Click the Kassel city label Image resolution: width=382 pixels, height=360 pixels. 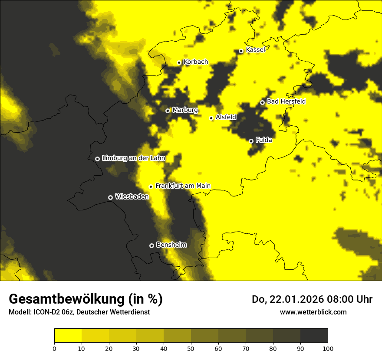[x=255, y=50]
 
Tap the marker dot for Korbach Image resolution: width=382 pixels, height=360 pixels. [x=179, y=62]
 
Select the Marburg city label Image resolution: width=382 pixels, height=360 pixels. [x=185, y=110]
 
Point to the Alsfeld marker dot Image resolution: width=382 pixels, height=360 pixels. [x=211, y=118]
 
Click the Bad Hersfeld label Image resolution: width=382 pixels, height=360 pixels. [x=286, y=101]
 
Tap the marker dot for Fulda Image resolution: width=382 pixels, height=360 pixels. [x=251, y=141]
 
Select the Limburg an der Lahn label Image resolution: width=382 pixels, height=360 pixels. [x=134, y=158]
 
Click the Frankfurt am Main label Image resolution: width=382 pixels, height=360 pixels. [x=183, y=186]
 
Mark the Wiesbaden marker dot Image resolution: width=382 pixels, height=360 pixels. [x=110, y=197]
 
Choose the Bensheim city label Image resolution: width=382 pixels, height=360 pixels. [x=171, y=245]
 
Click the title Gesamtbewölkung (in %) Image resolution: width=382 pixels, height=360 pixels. [x=86, y=299]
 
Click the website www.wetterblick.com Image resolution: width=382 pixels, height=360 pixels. [x=313, y=312]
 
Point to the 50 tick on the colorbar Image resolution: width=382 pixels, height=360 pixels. [x=191, y=348]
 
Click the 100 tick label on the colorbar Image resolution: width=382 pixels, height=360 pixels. [x=328, y=348]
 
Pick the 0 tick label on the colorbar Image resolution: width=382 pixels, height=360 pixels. [x=54, y=348]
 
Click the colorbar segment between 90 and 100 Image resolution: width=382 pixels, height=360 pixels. [x=314, y=335]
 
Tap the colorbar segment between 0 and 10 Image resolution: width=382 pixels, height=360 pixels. [x=68, y=335]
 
